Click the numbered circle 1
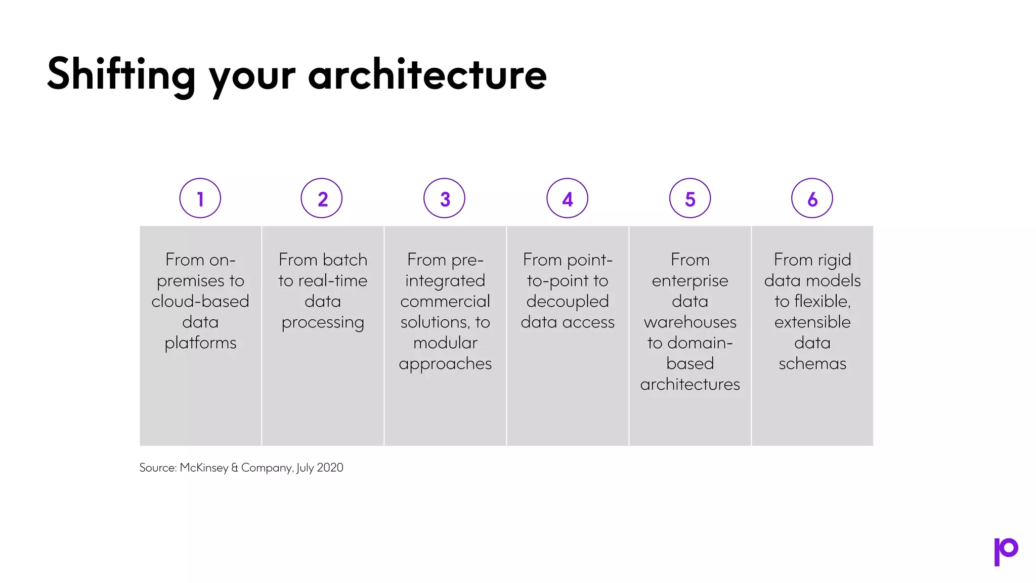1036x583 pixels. [x=200, y=198]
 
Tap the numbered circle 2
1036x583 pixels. [x=322, y=198]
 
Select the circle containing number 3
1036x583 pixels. [x=444, y=198]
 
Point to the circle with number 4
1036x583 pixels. [x=567, y=198]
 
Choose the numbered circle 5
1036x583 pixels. [x=690, y=198]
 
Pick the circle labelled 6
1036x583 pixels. [x=812, y=198]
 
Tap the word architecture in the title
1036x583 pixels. [x=427, y=75]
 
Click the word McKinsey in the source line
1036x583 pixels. [x=204, y=468]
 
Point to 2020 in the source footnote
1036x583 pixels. [x=330, y=468]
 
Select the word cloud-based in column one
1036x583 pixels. [x=200, y=302]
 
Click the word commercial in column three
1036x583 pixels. [x=445, y=302]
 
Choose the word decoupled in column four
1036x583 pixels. [x=568, y=302]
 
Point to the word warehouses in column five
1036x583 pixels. [x=690, y=322]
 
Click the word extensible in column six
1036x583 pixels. [x=812, y=322]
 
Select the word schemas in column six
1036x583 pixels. [x=812, y=364]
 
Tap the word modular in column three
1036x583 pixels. [x=445, y=343]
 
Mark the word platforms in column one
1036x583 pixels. [x=200, y=343]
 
